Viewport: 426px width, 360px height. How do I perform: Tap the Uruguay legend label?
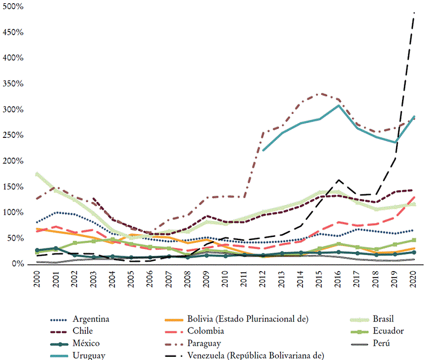coord(89,355)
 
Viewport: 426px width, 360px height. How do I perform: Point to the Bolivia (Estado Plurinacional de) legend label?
coord(248,319)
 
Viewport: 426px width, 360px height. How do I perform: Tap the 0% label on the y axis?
coord(18,264)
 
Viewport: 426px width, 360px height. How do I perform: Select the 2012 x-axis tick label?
coord(263,280)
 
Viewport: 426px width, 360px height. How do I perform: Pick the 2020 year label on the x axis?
coord(413,280)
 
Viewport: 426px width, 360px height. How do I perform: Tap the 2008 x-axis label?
coord(187,280)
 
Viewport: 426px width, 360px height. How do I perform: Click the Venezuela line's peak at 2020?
coord(413,12)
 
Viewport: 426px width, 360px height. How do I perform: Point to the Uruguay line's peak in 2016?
coord(338,105)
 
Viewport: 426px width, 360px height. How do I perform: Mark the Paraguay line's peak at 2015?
coord(319,94)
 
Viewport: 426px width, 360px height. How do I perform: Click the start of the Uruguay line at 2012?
coord(263,150)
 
